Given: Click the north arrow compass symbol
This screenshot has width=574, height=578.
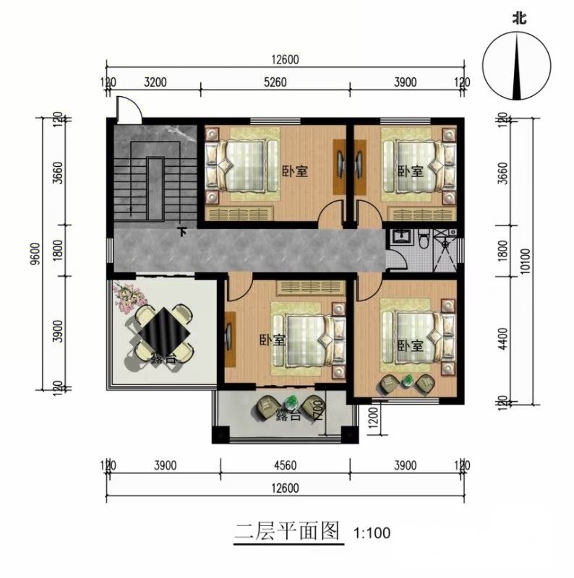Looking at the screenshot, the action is tap(517, 66).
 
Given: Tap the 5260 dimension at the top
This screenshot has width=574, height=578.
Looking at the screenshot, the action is tap(275, 82).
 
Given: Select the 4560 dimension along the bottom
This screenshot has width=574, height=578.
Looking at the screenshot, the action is tap(285, 465).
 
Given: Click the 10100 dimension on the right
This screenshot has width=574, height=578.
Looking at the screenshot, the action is tap(525, 261).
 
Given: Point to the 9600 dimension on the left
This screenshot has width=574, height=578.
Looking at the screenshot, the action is tap(35, 254).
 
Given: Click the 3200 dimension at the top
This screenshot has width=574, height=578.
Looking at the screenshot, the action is tap(155, 82).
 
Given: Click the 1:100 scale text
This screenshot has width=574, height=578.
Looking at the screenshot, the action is tap(372, 533).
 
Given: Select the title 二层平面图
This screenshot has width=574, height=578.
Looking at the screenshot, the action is tap(287, 531).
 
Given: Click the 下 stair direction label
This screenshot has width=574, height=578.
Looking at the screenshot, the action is tap(182, 232).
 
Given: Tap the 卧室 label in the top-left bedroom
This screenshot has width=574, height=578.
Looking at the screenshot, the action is tap(295, 171).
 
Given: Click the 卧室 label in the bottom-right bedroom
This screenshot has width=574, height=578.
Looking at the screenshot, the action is tap(410, 345).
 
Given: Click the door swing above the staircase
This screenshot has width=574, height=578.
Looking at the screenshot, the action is tap(129, 110).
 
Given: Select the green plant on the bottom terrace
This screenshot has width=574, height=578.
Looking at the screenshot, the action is tap(291, 401).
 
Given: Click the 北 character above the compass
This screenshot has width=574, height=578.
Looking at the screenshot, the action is tap(519, 18).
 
